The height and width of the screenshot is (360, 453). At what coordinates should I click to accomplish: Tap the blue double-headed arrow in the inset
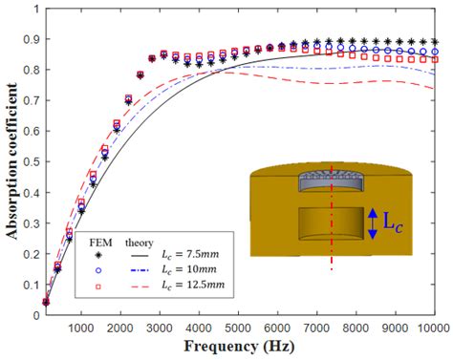374,223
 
